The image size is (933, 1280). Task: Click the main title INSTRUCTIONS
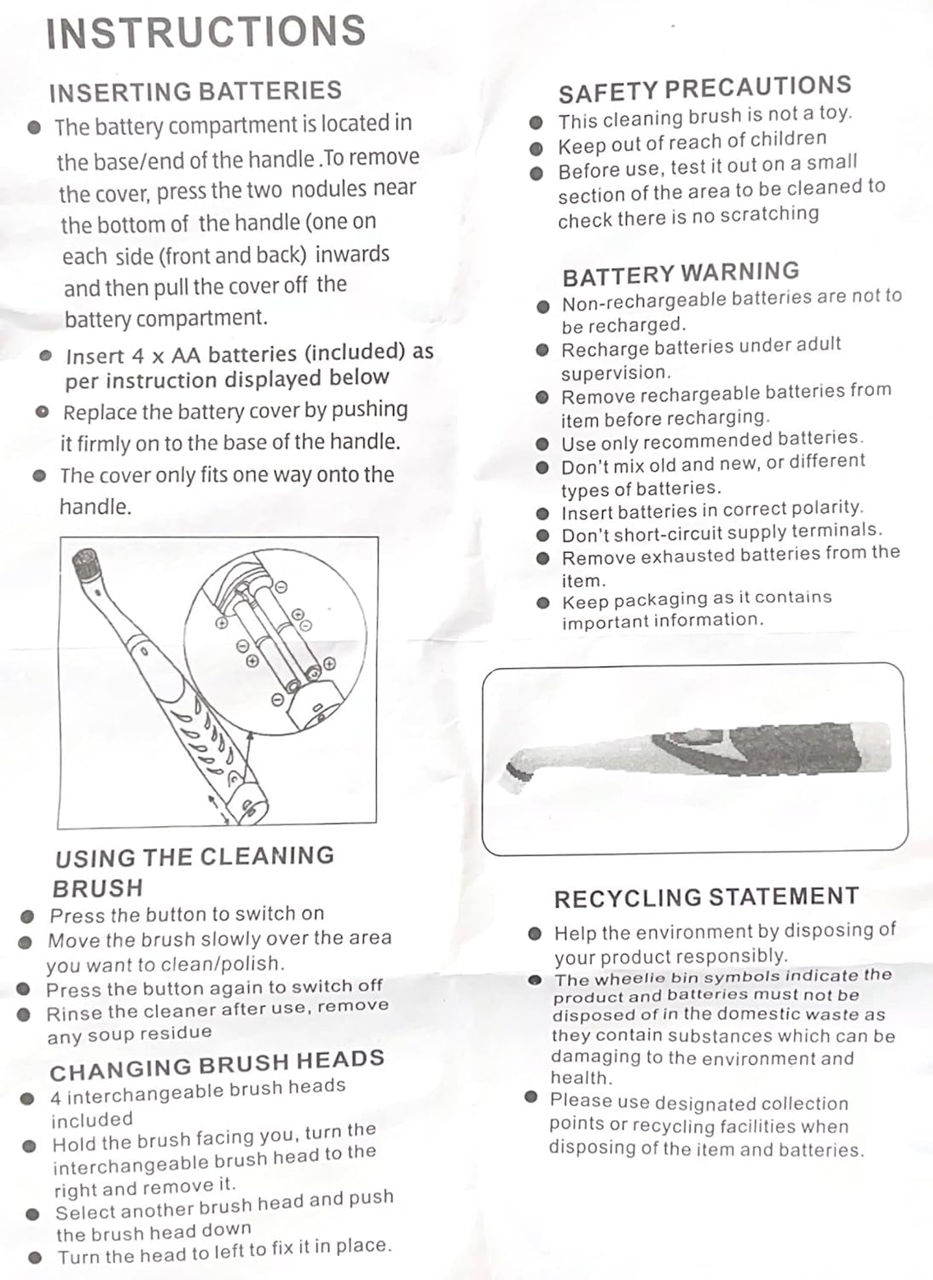(x=206, y=32)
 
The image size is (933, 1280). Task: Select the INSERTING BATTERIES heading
(x=195, y=91)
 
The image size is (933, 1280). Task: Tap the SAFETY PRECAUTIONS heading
(x=704, y=89)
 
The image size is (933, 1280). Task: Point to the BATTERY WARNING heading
(x=681, y=274)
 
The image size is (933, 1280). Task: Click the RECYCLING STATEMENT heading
(x=706, y=898)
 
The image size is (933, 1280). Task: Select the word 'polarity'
(x=827, y=509)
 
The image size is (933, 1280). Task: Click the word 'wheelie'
(x=630, y=979)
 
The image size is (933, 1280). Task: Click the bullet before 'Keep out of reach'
(x=536, y=148)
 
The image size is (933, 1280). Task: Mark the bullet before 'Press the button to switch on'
(x=27, y=916)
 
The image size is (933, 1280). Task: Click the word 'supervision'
(x=615, y=373)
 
